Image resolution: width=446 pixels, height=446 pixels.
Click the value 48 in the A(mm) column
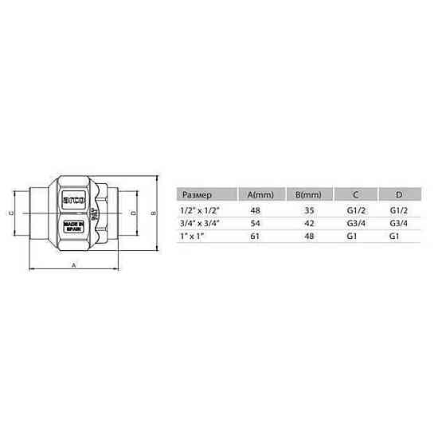[x=256, y=210]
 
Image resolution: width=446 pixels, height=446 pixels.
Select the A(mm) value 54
[x=256, y=224]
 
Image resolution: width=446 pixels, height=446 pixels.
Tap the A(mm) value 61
[x=256, y=237]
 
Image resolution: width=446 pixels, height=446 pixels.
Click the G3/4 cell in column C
[x=355, y=224]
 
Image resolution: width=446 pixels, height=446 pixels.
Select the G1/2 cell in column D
[x=399, y=210]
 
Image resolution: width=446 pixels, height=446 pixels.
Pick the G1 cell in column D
[x=394, y=237]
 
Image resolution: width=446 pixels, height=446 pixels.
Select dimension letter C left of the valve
[x=10, y=213]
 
